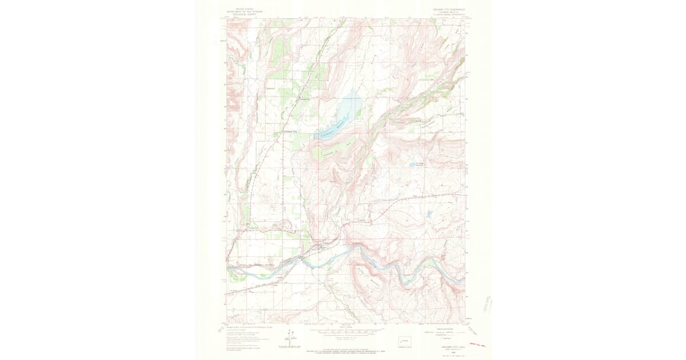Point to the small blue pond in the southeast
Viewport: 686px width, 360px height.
point(427,215)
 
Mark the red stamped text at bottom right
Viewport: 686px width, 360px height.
point(476,346)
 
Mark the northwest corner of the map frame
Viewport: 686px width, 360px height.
point(227,18)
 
